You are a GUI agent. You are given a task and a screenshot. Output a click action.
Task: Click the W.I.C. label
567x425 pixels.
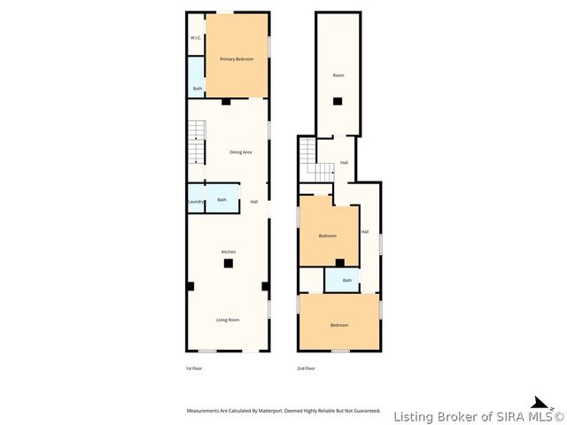coord(195,38)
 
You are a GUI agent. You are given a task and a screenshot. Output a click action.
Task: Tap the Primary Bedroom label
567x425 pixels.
coord(237,58)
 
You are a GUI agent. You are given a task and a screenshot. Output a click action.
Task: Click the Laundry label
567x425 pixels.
coord(196,201)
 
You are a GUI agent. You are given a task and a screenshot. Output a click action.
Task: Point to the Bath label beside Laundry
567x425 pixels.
coord(221,199)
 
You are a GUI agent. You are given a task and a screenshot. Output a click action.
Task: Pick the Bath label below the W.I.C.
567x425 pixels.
coord(197,89)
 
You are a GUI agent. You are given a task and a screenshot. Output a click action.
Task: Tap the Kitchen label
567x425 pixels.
coord(228,251)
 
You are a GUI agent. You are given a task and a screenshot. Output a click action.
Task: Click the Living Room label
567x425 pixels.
coord(228,320)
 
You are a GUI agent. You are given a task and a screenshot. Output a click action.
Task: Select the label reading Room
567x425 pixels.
coord(338,75)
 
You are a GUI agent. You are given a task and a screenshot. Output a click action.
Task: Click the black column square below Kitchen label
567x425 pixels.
coord(228,263)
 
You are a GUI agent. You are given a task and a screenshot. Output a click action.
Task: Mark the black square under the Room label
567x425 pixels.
coord(338,101)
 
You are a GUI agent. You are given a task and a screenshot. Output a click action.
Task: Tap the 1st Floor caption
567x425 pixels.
coord(194,367)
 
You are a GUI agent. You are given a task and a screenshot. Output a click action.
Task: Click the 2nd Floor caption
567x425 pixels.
coord(306,367)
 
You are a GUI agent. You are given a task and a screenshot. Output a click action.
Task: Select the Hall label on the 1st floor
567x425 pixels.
coord(253,202)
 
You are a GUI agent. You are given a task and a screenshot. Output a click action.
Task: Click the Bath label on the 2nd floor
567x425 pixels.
coord(347,281)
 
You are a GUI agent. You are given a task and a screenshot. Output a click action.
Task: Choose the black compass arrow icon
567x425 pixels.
coord(539,402)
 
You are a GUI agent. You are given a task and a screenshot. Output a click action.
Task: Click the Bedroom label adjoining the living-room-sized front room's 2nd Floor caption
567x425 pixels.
coord(338,325)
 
